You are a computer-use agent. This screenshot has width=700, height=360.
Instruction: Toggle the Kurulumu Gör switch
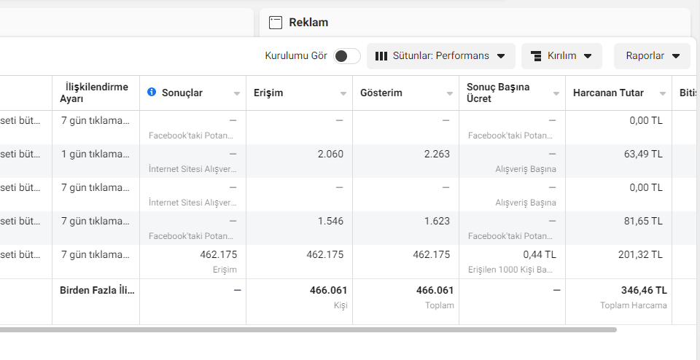tap(347, 56)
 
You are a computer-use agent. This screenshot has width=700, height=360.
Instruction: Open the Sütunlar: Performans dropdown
tap(440, 56)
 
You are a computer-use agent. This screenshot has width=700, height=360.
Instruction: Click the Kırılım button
tap(561, 56)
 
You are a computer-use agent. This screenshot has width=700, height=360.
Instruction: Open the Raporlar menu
tap(652, 56)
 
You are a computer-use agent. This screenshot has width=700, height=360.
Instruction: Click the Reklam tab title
tap(308, 23)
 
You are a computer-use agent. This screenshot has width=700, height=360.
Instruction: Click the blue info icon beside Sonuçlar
tap(152, 93)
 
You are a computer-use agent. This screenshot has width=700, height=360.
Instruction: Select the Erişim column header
tap(268, 93)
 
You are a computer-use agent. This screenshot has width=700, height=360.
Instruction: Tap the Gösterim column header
tap(381, 93)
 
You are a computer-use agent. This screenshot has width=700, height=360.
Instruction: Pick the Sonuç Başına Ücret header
tap(498, 93)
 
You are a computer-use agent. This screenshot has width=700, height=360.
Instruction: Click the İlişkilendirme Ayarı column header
tap(94, 93)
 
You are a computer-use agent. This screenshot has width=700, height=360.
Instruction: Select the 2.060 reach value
tap(330, 154)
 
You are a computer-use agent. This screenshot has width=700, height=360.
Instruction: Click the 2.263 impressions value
tap(437, 154)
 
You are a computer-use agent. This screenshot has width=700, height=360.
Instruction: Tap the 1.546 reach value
tap(330, 222)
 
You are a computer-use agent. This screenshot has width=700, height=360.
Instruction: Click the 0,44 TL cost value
tap(540, 255)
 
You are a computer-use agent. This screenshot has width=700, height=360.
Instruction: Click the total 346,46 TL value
tap(644, 291)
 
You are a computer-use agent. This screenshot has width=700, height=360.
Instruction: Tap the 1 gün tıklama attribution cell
tap(96, 154)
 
